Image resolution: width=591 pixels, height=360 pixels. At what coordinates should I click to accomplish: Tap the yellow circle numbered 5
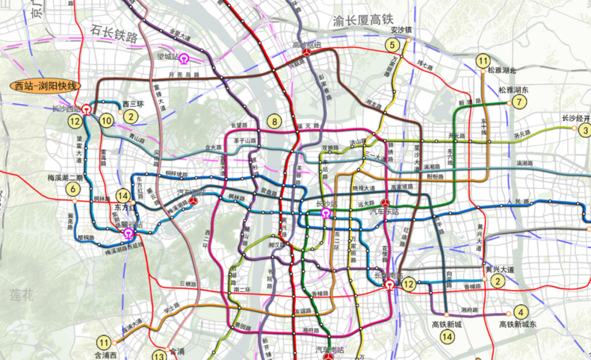(392, 45)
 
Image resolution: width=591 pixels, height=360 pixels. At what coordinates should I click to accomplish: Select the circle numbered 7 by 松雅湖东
(520, 102)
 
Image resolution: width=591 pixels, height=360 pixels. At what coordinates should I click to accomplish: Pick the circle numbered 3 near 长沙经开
(585, 130)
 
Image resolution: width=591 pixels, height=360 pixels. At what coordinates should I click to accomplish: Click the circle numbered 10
(106, 120)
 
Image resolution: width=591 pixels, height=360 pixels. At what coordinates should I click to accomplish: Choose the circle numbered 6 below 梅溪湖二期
(72, 190)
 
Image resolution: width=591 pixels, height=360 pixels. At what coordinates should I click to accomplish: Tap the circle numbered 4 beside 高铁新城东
(521, 312)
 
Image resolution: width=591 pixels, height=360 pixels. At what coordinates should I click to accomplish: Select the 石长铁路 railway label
(114, 37)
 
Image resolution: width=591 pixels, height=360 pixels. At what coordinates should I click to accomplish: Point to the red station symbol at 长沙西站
(87, 109)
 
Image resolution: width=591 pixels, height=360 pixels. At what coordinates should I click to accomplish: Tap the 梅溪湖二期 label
(65, 178)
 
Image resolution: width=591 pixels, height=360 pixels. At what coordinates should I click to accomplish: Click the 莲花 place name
(22, 296)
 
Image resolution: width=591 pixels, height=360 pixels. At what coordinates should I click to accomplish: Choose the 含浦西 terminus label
(106, 355)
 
